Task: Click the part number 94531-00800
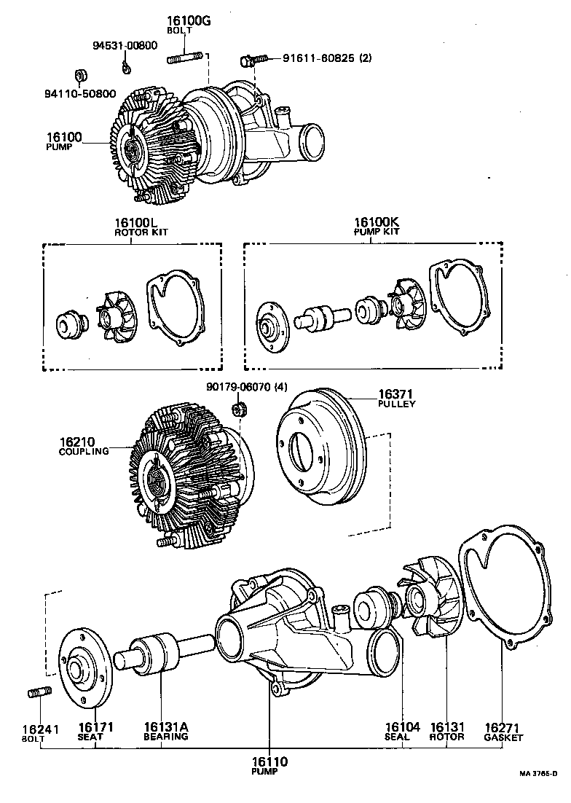click(x=125, y=45)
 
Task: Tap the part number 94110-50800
click(x=80, y=93)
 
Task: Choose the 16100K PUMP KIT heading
click(x=371, y=227)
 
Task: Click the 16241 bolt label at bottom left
click(x=40, y=731)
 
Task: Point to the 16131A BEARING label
click(x=165, y=731)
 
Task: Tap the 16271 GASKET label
click(x=503, y=731)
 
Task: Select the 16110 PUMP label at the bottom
click(x=270, y=765)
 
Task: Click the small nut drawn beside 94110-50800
click(x=82, y=76)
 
